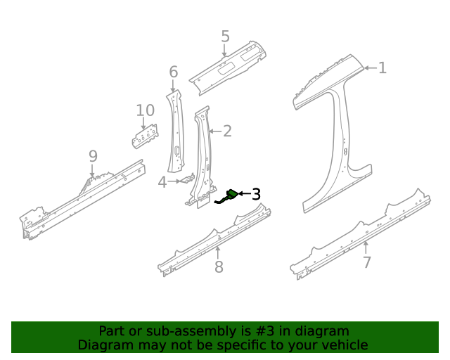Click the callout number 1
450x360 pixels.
(382, 68)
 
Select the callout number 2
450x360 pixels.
(227, 130)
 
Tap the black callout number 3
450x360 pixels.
(256, 193)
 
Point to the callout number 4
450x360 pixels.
(162, 182)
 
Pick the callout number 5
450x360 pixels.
(225, 37)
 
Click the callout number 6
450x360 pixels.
(174, 72)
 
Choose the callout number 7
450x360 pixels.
(366, 263)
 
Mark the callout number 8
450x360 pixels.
(219, 266)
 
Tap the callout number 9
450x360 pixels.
(93, 156)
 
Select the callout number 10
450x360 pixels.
(145, 110)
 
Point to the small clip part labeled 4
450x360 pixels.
(186, 180)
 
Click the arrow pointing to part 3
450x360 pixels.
(245, 193)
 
